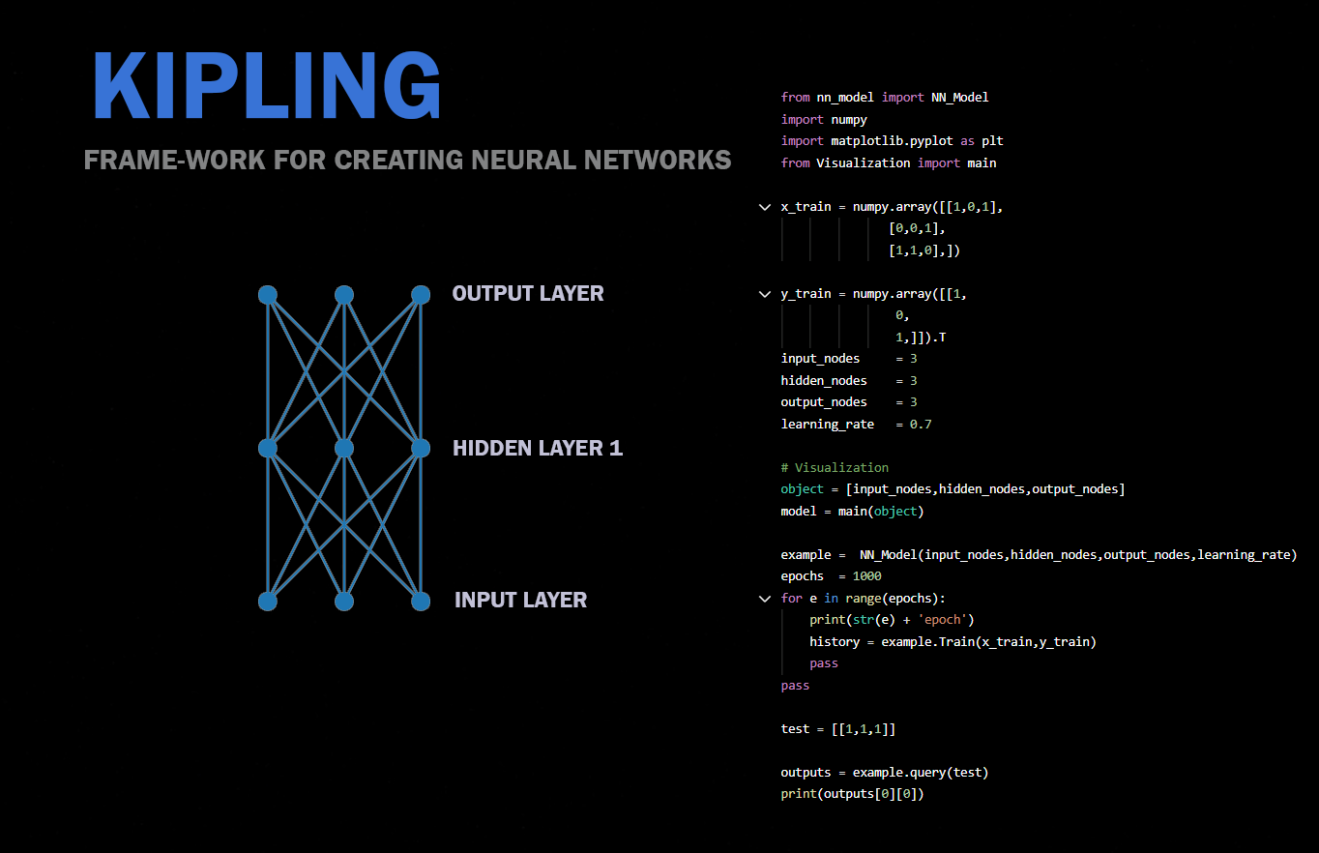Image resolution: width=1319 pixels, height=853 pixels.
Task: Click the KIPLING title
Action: coord(267,86)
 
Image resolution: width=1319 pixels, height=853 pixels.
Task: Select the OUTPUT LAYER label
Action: coord(528,293)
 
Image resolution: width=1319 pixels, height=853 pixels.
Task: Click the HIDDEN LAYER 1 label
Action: coord(538,448)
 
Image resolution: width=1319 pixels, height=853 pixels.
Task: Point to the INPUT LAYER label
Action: coord(520,600)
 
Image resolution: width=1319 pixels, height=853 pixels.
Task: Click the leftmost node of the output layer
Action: coord(268,294)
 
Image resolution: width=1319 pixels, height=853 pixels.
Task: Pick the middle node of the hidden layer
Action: coord(343,448)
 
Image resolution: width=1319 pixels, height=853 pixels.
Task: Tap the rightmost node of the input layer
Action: coord(420,601)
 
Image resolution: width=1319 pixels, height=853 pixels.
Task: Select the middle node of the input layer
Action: coord(343,601)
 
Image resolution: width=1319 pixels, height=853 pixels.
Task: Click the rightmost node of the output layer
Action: coord(420,294)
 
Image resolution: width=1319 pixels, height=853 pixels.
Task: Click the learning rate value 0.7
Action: coord(921,424)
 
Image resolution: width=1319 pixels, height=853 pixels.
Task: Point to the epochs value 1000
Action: coord(867,575)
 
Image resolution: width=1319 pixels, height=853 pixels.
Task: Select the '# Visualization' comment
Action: coord(835,467)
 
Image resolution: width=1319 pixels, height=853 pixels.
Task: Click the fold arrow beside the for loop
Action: coord(765,599)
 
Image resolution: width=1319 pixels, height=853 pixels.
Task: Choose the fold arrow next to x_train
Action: coord(765,207)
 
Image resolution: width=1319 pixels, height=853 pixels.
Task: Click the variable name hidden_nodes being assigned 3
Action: coord(824,380)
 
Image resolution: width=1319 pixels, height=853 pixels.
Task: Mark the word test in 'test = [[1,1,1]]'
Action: coord(795,728)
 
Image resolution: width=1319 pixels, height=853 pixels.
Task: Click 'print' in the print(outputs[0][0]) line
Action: coord(799,794)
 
